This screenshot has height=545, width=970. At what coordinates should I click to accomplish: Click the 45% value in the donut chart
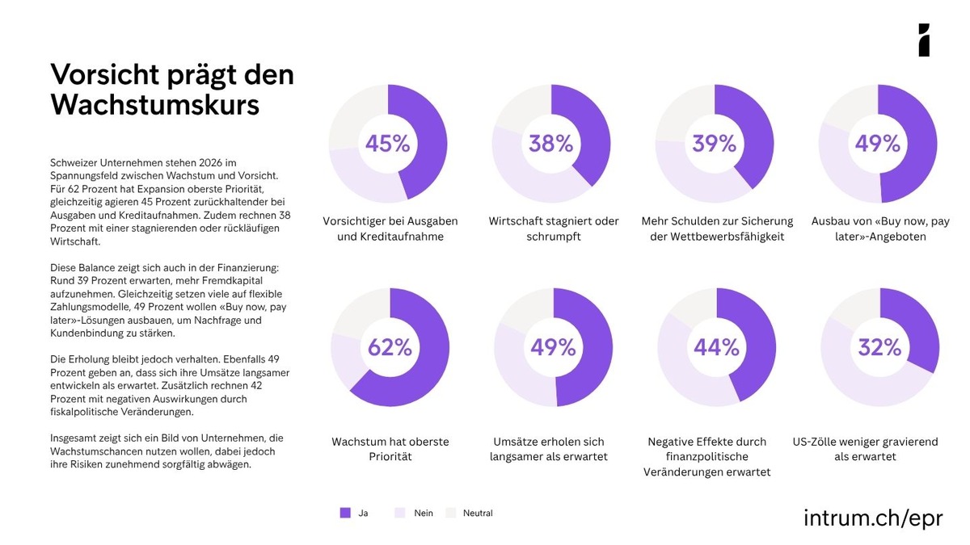[x=387, y=144]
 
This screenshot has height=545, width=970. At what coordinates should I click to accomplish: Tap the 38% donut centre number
[x=550, y=144]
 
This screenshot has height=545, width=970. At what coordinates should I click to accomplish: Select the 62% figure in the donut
[x=390, y=347]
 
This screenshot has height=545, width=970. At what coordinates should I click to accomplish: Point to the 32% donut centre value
[x=879, y=347]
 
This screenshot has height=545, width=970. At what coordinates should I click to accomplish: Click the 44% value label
[x=716, y=347]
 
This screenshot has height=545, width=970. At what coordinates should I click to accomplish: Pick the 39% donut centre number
[x=714, y=144]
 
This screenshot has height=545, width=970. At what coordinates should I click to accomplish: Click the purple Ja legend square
[x=345, y=513]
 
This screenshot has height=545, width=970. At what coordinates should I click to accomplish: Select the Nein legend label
[x=424, y=513]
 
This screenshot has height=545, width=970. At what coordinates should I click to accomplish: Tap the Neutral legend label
[x=477, y=513]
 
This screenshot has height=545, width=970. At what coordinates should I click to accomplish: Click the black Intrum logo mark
[x=924, y=40]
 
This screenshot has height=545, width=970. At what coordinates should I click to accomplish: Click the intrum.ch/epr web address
[x=873, y=518]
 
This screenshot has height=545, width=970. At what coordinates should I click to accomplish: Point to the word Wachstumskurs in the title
[x=155, y=105]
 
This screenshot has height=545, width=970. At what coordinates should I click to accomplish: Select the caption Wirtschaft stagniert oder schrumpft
[x=554, y=228]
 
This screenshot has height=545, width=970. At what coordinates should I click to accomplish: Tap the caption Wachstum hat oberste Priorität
[x=390, y=449]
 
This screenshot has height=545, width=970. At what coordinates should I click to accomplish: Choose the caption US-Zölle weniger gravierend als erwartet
[x=877, y=449]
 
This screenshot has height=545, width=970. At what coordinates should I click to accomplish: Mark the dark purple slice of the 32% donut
[x=917, y=323]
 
